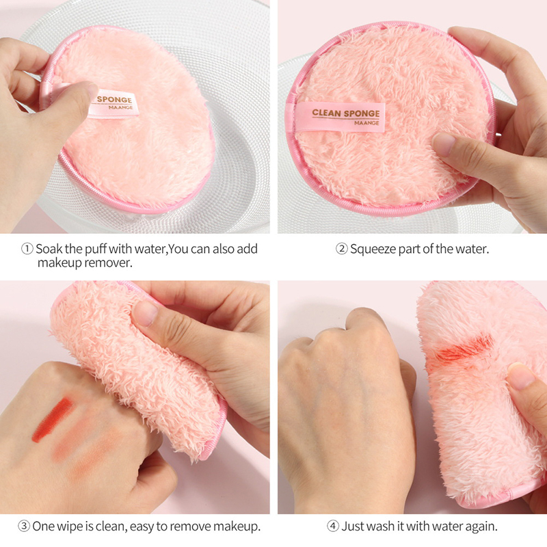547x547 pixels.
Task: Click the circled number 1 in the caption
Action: coord(27,249)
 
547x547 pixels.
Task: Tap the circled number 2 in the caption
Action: coord(342,249)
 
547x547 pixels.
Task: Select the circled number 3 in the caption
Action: coord(24,526)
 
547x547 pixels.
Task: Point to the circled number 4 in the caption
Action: coord(332,526)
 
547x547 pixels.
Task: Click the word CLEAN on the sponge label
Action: coord(327,113)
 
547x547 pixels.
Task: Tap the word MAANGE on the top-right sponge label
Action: coord(366,123)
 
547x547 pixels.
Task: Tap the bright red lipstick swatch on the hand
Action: coord(53,419)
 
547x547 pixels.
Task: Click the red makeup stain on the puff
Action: coord(465,348)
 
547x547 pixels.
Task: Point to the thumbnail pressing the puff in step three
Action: coord(146,313)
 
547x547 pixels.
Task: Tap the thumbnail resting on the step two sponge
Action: coord(444,144)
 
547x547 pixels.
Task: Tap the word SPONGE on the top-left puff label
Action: coord(114,99)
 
